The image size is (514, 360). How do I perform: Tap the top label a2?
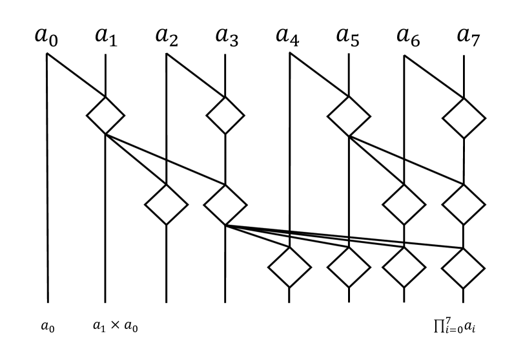click(167, 37)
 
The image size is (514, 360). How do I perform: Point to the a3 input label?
click(225, 37)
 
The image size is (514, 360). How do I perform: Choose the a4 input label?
click(287, 37)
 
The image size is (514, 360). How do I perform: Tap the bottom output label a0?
click(48, 328)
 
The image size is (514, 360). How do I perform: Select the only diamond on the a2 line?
click(166, 204)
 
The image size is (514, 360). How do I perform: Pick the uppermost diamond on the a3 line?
click(225, 116)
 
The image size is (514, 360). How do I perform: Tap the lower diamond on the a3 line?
click(225, 204)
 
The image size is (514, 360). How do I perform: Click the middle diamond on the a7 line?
click(464, 204)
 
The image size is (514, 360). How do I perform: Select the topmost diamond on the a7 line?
click(464, 117)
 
